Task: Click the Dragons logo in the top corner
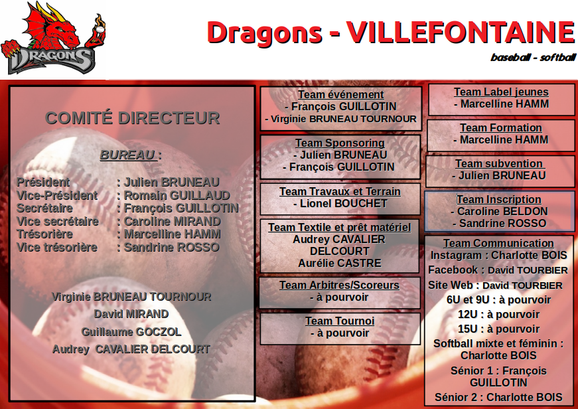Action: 53,38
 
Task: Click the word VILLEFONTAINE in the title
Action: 461,33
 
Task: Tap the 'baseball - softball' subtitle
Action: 533,57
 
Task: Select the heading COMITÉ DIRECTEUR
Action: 132,118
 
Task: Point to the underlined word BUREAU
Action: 128,155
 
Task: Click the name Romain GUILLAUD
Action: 177,195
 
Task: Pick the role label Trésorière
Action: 44,234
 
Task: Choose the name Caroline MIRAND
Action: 172,221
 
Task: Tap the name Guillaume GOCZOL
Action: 131,332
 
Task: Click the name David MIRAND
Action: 131,314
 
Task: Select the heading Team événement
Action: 341,94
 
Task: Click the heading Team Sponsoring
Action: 340,143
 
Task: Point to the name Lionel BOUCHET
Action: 344,203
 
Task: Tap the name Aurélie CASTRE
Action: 340,263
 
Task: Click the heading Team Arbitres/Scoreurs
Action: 339,285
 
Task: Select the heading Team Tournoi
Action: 340,321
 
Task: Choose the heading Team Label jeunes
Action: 501,92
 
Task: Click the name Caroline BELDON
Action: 502,211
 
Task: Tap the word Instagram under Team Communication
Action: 456,255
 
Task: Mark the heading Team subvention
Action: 499,163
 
